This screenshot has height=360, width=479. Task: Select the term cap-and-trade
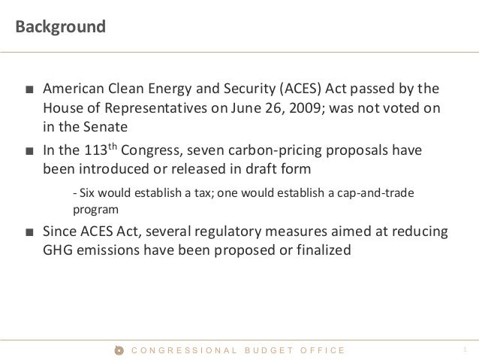pyautogui.click(x=381, y=194)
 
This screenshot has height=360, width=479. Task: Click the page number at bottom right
pyautogui.click(x=465, y=349)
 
